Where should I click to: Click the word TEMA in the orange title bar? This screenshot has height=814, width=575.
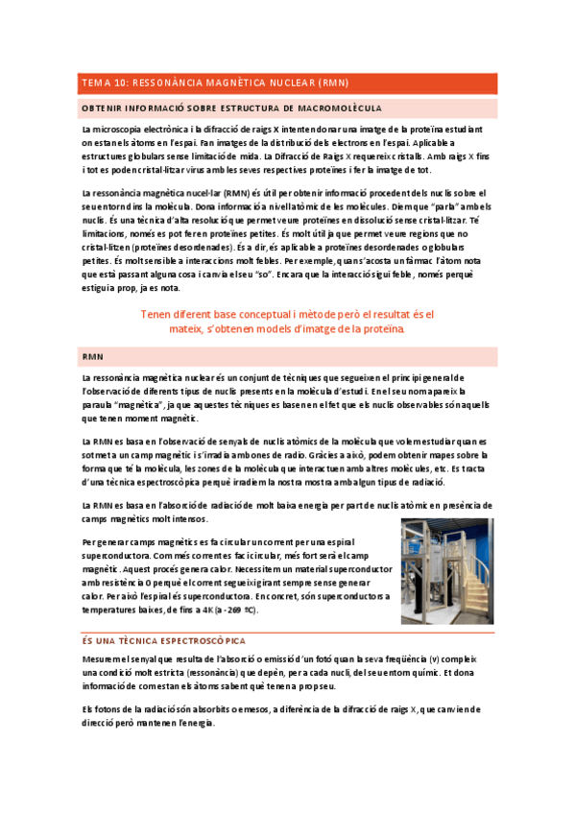[94, 84]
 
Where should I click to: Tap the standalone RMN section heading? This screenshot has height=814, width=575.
[93, 356]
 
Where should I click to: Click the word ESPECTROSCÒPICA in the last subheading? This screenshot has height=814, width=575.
[203, 638]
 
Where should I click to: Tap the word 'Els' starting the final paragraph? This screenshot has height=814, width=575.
[89, 709]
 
